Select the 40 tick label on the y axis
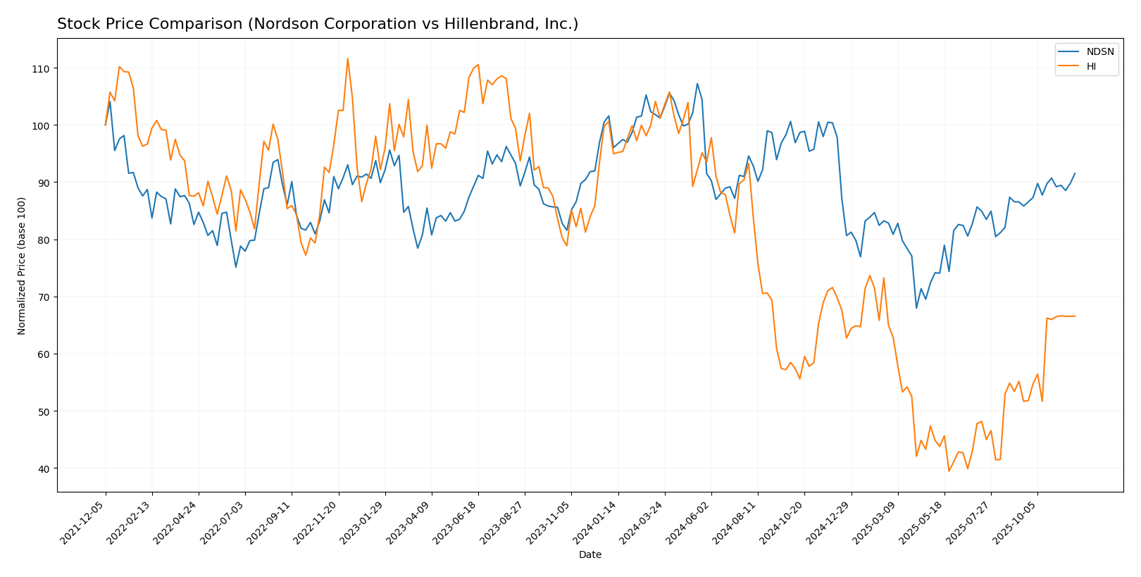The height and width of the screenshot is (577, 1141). (x=44, y=469)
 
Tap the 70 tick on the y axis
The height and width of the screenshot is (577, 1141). (x=44, y=297)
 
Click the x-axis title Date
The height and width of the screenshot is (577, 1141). (x=590, y=555)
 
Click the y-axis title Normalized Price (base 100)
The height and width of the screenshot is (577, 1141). (x=22, y=266)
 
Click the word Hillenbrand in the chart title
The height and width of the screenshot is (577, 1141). (x=480, y=25)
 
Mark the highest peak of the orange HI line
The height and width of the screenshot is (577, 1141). (x=347, y=58)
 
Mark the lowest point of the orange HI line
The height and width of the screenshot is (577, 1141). (x=949, y=471)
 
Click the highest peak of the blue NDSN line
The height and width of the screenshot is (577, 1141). (x=697, y=84)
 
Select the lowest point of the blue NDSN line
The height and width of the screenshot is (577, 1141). (x=916, y=308)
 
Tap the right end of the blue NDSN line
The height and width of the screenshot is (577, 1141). (x=1075, y=173)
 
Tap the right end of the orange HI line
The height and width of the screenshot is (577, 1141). (x=1075, y=316)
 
